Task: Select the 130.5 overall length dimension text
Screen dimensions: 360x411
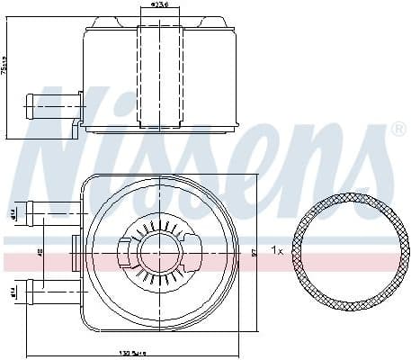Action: [134, 354]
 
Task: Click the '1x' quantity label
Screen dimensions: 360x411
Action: [280, 251]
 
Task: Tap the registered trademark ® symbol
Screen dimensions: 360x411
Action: [398, 130]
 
